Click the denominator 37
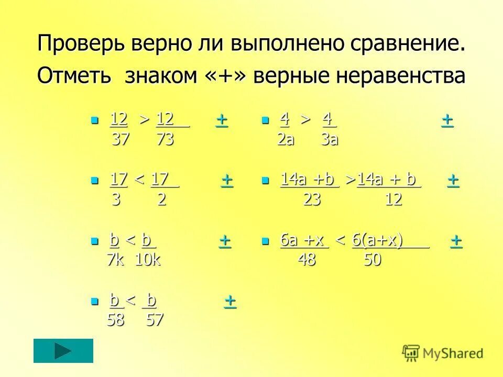121,140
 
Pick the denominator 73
165,140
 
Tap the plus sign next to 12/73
222,120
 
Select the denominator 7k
115,260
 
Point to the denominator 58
115,320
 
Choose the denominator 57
155,320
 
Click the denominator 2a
286,140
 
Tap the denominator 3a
330,140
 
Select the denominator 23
313,200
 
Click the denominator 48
307,260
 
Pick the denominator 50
373,260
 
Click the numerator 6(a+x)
378,240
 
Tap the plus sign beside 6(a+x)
456,240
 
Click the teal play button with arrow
63,351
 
